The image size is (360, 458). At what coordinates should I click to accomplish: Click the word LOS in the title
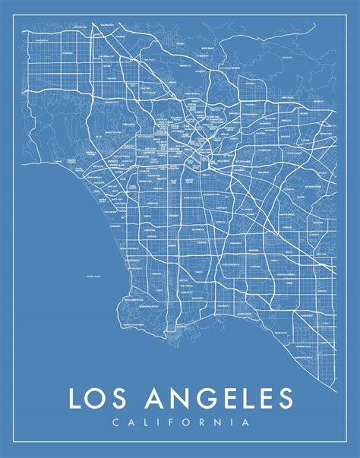click(x=99, y=400)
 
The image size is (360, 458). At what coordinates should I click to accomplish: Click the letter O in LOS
click(x=99, y=400)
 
